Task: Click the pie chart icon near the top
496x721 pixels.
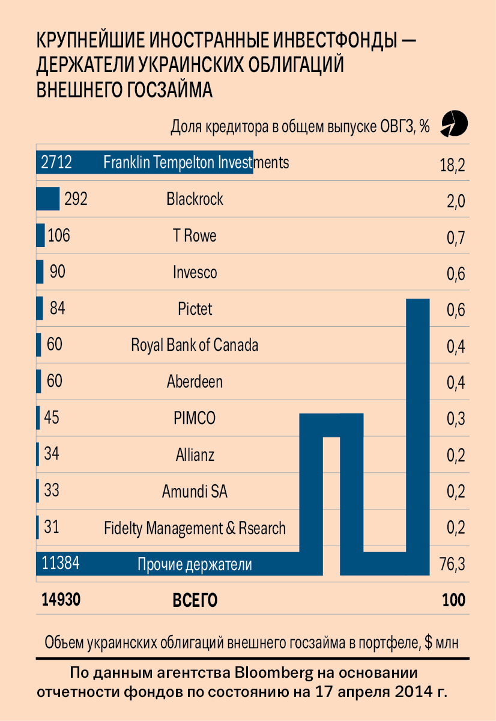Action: coord(454,123)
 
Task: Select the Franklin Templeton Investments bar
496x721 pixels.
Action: coord(144,162)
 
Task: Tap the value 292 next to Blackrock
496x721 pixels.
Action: coord(76,199)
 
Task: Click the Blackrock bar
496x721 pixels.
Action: coord(47,199)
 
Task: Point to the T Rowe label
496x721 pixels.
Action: coord(195,236)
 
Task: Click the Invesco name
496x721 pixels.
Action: coord(195,273)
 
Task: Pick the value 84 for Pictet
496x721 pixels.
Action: coord(58,309)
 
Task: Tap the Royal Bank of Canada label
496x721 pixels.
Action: coord(195,345)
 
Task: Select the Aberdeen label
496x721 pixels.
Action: coord(195,382)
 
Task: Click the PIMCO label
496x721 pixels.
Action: coord(195,419)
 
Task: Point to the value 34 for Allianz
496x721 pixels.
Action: coord(52,454)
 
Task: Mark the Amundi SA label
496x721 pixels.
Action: coord(195,492)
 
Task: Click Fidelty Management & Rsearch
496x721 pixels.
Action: coord(195,529)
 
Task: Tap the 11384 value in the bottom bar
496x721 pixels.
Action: coord(61,564)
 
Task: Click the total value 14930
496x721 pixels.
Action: coord(61,600)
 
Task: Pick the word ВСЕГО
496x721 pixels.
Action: coord(195,601)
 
